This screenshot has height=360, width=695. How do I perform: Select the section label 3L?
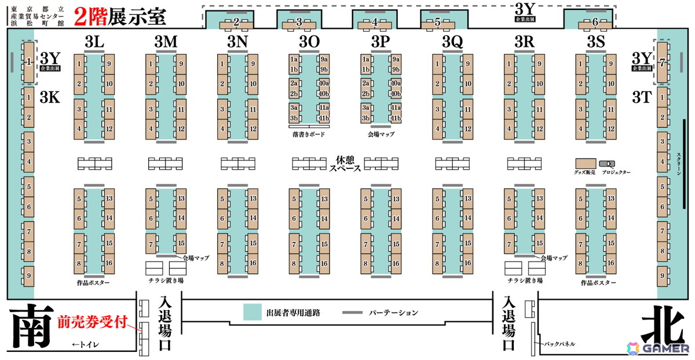[x=94, y=42]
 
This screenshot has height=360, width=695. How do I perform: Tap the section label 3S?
[x=596, y=42]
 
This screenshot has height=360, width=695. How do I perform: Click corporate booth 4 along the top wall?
[x=374, y=23]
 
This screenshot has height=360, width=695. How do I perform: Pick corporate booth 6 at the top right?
[x=595, y=23]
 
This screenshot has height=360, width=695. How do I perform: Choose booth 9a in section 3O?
[x=324, y=59]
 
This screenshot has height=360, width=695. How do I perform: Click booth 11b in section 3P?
[x=396, y=118]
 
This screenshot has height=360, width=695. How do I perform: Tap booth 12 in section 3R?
[x=539, y=128]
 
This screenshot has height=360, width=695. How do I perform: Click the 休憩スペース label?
[x=345, y=164]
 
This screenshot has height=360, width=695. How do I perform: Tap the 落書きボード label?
[x=309, y=134]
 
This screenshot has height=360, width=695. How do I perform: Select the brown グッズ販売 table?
[x=586, y=163]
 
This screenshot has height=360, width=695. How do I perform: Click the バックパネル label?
[x=559, y=344]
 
